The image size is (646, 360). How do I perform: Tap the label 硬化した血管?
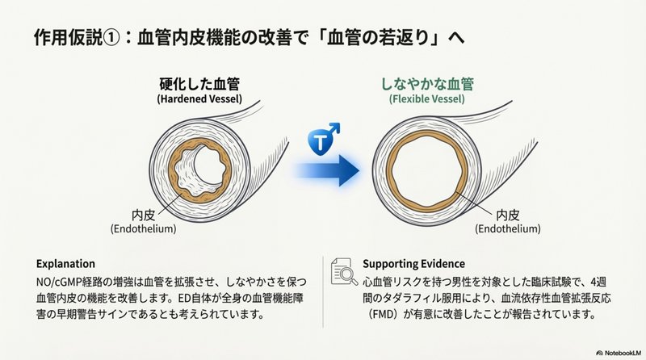pyautogui.click(x=199, y=85)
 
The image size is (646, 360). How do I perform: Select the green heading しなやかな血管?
pyautogui.click(x=427, y=84)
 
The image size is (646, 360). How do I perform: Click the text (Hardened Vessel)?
pyautogui.click(x=199, y=99)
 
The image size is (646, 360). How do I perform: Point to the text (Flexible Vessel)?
pyautogui.click(x=427, y=99)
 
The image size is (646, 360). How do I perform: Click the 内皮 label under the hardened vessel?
pyautogui.click(x=143, y=216)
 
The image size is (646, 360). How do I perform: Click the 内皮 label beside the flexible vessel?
pyautogui.click(x=508, y=215)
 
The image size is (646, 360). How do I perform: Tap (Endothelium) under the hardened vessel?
pyautogui.click(x=143, y=229)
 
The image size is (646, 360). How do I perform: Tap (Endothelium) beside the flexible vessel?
pyautogui.click(x=508, y=229)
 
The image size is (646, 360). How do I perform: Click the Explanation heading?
pyautogui.click(x=65, y=264)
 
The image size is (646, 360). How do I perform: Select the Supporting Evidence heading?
pyautogui.click(x=413, y=264)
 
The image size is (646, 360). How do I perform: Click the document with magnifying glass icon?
pyautogui.click(x=344, y=272)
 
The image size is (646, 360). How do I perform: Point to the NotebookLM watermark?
pyautogui.click(x=619, y=353)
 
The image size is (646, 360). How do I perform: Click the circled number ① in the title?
pyautogui.click(x=111, y=38)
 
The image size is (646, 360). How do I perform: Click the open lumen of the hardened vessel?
pyautogui.click(x=209, y=165)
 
